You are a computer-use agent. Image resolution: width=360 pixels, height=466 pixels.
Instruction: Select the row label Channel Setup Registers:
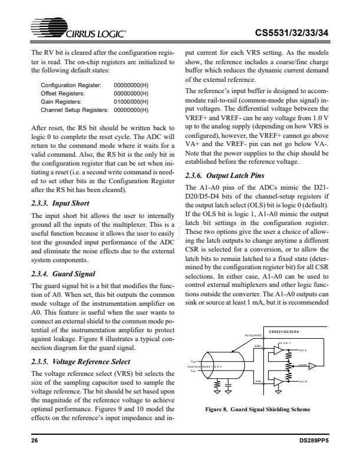tap(75, 110)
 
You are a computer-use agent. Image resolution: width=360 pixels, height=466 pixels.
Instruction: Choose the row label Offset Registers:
tap(62, 93)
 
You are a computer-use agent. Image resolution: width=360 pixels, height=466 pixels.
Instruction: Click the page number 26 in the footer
tap(34, 441)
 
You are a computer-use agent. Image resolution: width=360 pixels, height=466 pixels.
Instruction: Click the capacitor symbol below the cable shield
tap(229, 386)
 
